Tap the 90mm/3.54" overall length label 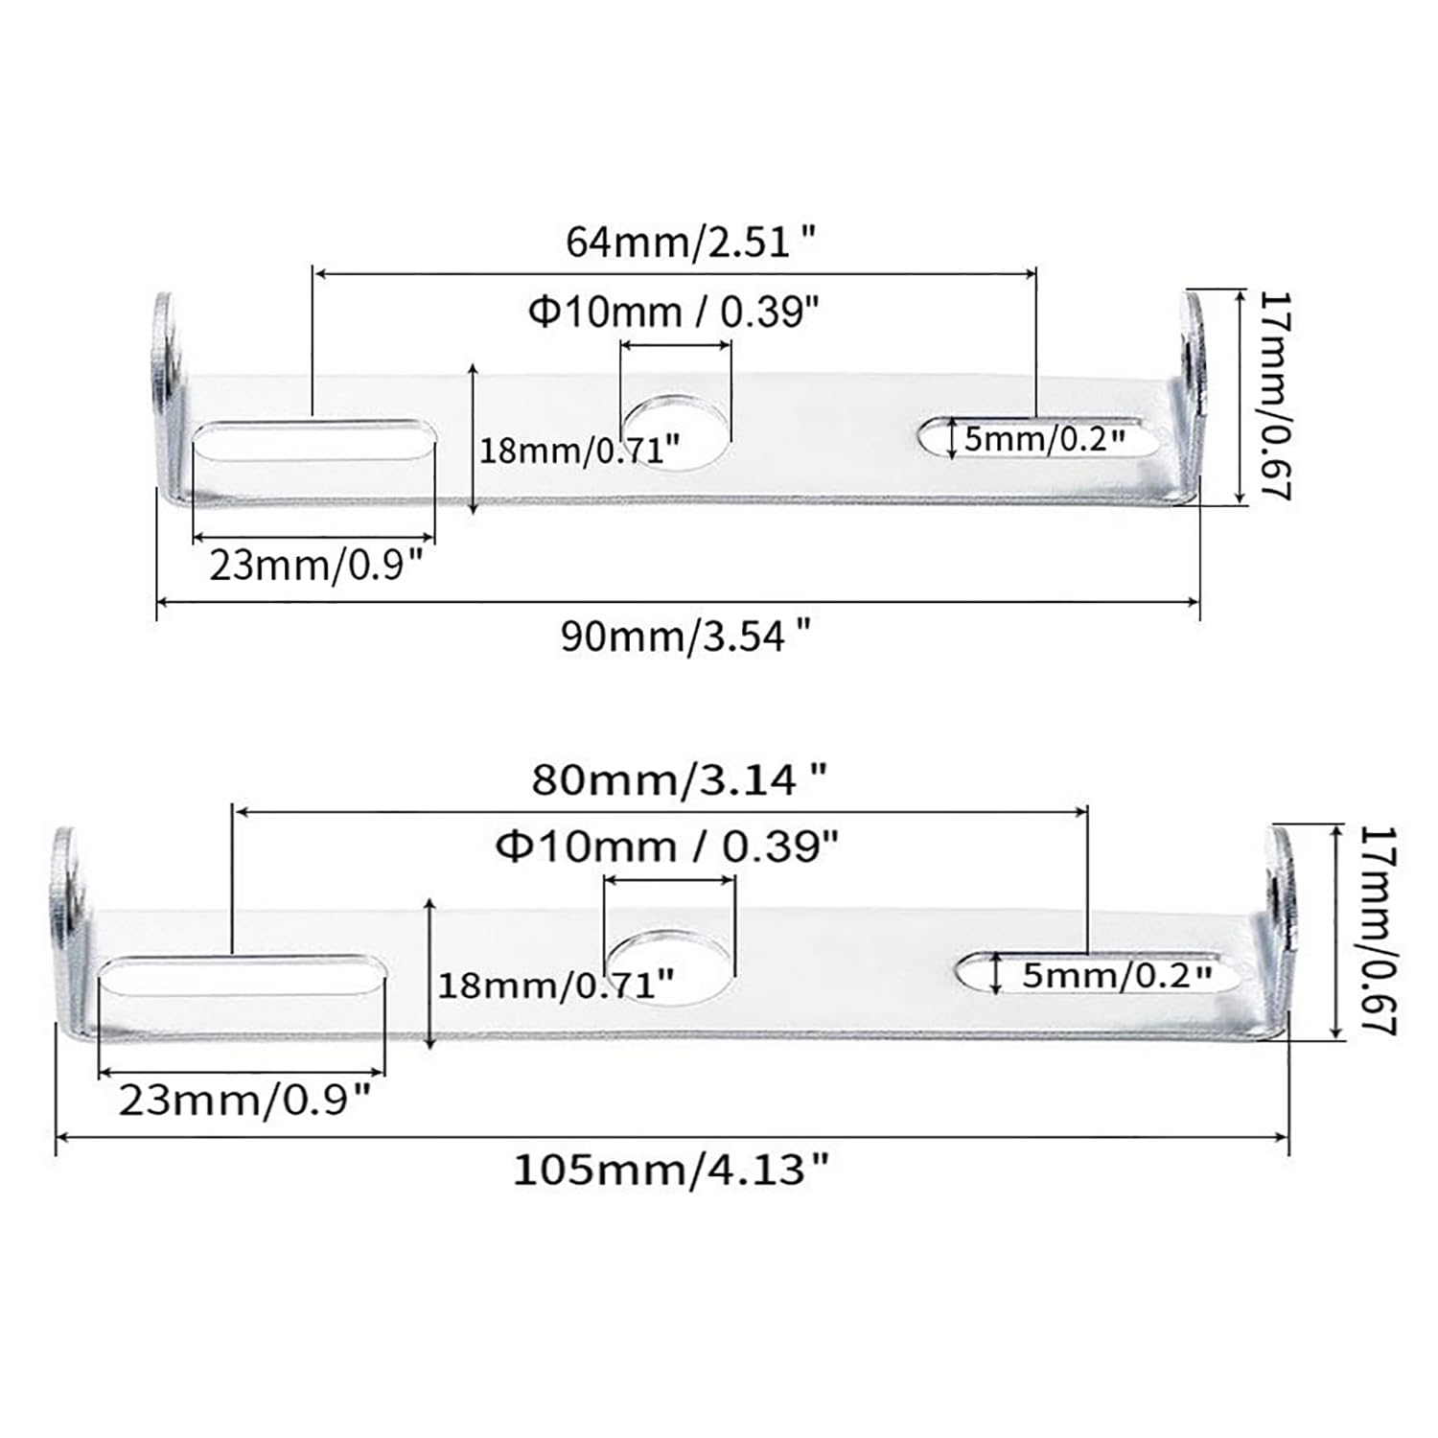tap(686, 636)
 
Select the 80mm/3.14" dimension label tap(679, 780)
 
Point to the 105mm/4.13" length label tap(671, 1170)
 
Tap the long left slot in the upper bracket tap(313, 447)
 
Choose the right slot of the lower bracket tap(1088, 973)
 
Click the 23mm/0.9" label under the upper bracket tap(316, 566)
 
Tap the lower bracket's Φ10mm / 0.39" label tap(667, 847)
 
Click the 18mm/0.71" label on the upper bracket tap(580, 449)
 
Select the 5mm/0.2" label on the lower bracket tap(1117, 976)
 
